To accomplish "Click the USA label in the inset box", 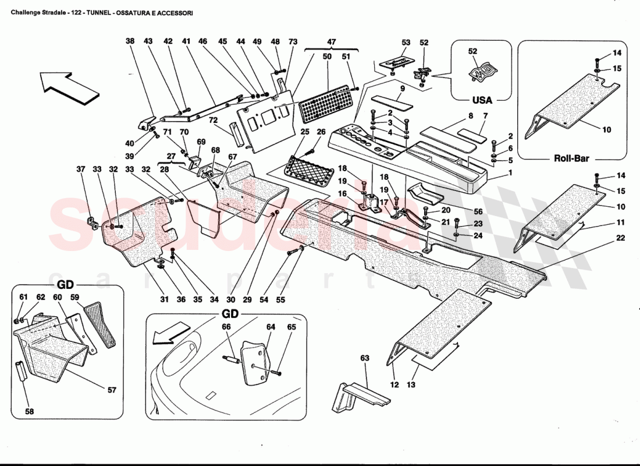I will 482,100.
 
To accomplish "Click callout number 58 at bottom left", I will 29,411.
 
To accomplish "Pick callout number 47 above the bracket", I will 332,43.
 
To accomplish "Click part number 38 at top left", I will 130,41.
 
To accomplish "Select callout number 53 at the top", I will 406,43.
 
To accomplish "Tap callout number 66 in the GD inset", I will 226,327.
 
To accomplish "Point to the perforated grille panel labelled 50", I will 327,104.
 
